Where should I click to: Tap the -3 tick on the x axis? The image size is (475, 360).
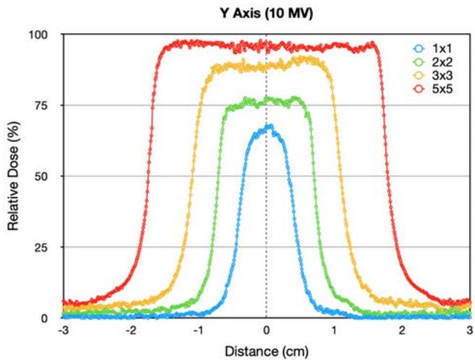click(x=62, y=330)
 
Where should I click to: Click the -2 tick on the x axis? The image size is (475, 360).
click(x=130, y=330)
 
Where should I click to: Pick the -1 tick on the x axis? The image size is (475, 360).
click(x=198, y=330)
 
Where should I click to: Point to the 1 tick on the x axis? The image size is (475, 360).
click(x=335, y=330)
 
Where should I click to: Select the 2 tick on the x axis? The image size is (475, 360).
click(x=403, y=330)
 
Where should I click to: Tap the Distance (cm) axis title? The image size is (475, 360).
click(x=266, y=351)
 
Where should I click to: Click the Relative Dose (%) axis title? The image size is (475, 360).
click(x=13, y=177)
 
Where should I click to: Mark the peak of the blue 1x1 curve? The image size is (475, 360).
click(x=269, y=125)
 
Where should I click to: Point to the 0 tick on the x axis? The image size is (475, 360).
click(x=266, y=330)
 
